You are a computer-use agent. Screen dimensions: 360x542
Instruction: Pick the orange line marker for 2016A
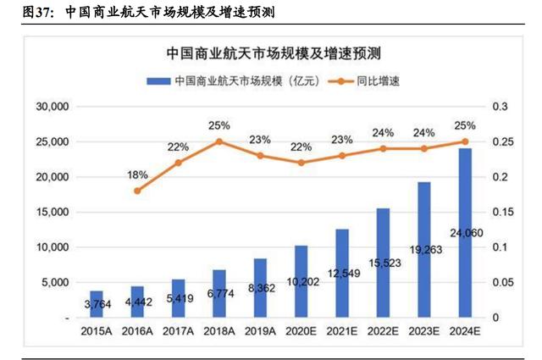click(x=137, y=191)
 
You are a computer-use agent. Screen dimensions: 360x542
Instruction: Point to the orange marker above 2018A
click(x=218, y=141)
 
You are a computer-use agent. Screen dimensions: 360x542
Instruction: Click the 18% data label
click(x=137, y=174)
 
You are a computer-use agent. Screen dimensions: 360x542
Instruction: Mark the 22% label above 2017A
click(x=178, y=147)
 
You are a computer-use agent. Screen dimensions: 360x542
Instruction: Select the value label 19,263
click(x=423, y=251)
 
